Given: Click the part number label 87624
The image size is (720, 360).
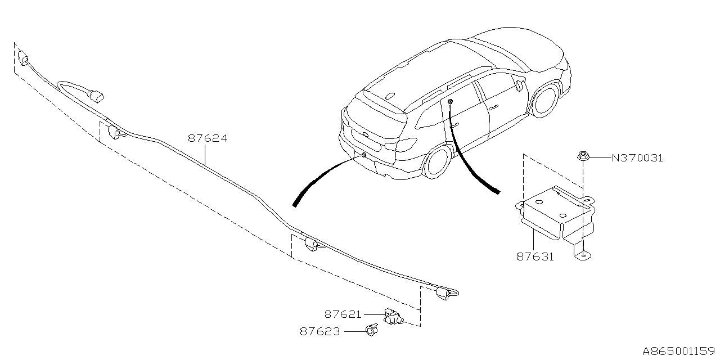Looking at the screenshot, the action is pyautogui.click(x=208, y=138).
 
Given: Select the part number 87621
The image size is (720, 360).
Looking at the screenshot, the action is pyautogui.click(x=343, y=314).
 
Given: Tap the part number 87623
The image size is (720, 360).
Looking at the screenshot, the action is pyautogui.click(x=320, y=331).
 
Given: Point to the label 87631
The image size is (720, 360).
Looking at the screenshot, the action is pyautogui.click(x=535, y=256).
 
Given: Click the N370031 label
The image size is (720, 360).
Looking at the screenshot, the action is pyautogui.click(x=637, y=158).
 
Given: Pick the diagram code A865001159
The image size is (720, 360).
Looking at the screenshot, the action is pyautogui.click(x=678, y=350).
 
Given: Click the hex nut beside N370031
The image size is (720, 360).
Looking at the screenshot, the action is pyautogui.click(x=582, y=156).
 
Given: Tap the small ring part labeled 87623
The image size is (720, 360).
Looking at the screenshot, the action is pyautogui.click(x=372, y=330).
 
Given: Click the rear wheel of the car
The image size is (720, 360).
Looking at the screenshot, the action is pyautogui.click(x=438, y=163).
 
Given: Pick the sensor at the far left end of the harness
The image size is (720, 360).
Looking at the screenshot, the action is pyautogui.click(x=23, y=58).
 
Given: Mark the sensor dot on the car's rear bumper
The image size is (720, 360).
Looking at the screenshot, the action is pyautogui.click(x=363, y=155).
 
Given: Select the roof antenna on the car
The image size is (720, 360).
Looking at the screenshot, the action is pyautogui.click(x=390, y=96).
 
